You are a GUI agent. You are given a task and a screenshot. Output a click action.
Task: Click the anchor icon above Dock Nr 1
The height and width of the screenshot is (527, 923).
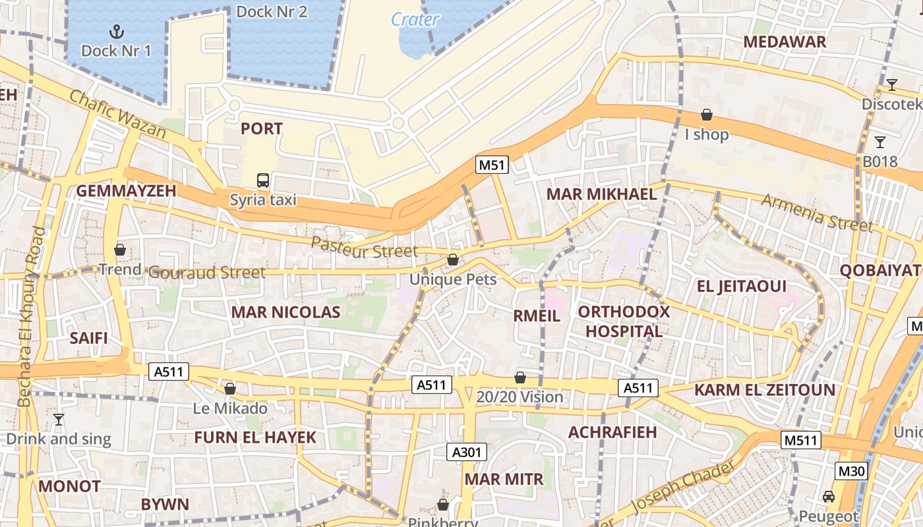pyautogui.click(x=116, y=31)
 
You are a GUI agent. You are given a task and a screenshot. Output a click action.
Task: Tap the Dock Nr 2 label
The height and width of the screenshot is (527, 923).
pyautogui.click(x=272, y=11)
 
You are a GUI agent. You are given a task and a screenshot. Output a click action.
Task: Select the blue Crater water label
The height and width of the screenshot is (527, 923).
pyautogui.click(x=415, y=20)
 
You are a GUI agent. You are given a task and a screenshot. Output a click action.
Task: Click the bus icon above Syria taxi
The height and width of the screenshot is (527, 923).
pyautogui.click(x=262, y=180)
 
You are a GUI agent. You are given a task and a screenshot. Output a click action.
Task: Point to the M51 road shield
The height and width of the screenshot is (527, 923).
pyautogui.click(x=492, y=165)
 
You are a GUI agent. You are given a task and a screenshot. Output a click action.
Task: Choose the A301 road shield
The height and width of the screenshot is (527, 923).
pyautogui.click(x=468, y=452)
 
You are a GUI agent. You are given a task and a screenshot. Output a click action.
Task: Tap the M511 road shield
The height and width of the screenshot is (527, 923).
pyautogui.click(x=801, y=440)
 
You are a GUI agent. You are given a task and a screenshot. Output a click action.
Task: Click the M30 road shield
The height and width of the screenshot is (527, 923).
pyautogui.click(x=851, y=471)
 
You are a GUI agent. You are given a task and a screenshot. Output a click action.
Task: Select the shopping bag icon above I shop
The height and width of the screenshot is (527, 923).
pyautogui.click(x=707, y=115)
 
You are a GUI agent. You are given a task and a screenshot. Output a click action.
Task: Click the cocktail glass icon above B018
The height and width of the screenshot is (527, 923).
pyautogui.click(x=879, y=142)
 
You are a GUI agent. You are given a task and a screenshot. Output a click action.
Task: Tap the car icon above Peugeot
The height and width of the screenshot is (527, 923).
pyautogui.click(x=829, y=497)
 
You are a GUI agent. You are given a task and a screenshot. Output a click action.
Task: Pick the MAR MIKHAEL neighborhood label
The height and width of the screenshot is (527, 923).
pyautogui.click(x=601, y=194)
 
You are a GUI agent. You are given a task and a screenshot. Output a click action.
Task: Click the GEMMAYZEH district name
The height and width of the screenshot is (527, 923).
pyautogui.click(x=126, y=191)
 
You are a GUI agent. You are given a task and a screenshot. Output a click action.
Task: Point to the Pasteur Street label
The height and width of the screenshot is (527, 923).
pyautogui.click(x=364, y=249)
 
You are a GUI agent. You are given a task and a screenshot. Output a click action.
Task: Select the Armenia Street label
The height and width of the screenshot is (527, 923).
pyautogui.click(x=817, y=212)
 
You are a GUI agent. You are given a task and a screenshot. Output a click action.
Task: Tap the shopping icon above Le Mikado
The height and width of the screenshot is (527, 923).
pyautogui.click(x=230, y=389)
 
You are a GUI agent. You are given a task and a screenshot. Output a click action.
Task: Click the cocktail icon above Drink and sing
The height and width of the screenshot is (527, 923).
pyautogui.click(x=59, y=419)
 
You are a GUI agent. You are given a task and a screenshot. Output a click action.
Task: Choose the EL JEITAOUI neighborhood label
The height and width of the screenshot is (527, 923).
pyautogui.click(x=742, y=287)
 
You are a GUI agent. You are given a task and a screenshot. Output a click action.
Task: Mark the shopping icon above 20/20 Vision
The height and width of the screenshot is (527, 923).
pyautogui.click(x=520, y=377)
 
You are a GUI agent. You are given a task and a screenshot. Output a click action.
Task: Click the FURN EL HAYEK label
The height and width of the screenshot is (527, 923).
pyautogui.click(x=255, y=437)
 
